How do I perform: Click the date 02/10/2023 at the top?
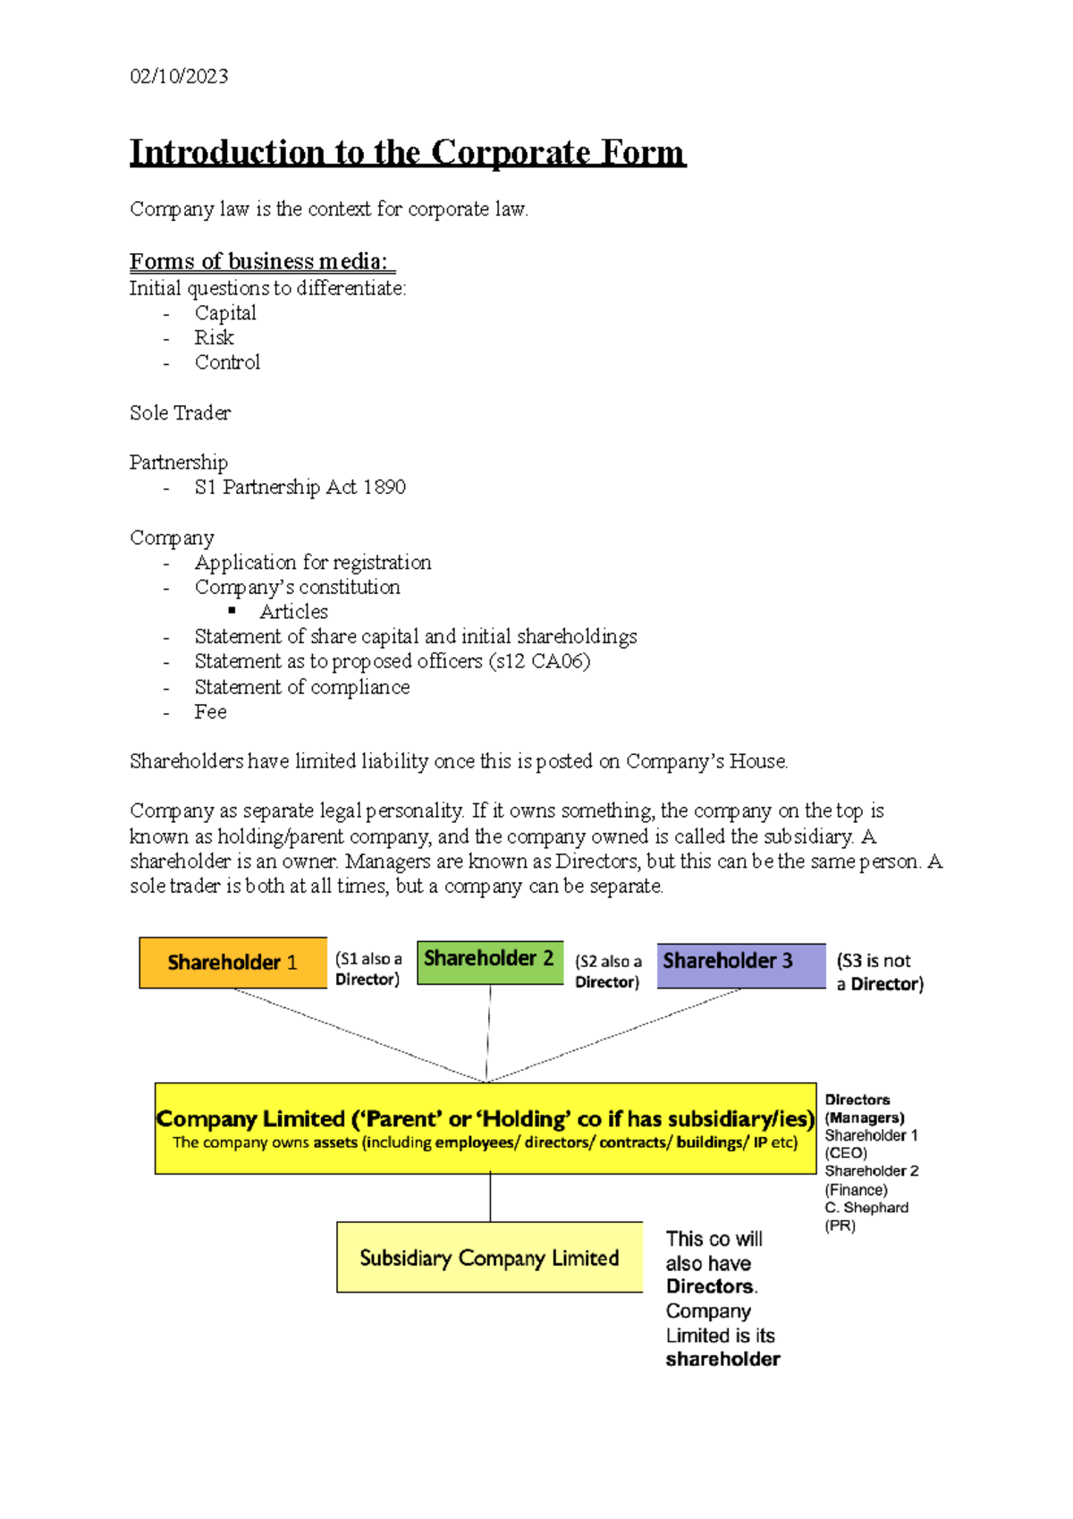[x=179, y=77]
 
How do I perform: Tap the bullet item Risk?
[x=214, y=338]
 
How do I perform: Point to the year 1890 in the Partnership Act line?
[x=384, y=488]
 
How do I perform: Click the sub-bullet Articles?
[x=293, y=612]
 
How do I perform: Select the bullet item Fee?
[x=210, y=712]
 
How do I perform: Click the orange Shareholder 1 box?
[x=232, y=963]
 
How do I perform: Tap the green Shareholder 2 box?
[x=489, y=961]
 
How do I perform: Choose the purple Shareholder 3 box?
[x=740, y=964]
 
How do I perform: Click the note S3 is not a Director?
[x=879, y=972]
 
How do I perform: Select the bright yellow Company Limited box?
[x=485, y=1129]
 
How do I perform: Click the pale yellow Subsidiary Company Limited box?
[x=489, y=1257]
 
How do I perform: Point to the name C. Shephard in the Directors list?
[x=866, y=1208]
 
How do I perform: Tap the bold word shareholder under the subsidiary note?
[x=722, y=1360]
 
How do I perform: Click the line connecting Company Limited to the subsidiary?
[x=490, y=1197]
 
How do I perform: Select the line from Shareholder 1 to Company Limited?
[x=358, y=1034]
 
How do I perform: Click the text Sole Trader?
[x=180, y=413]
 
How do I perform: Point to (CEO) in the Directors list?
[x=846, y=1153]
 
